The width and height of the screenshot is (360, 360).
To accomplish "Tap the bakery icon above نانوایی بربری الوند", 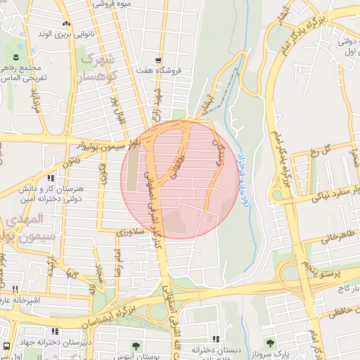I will point(65,24).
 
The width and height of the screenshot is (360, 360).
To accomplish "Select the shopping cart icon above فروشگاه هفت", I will point(160,60).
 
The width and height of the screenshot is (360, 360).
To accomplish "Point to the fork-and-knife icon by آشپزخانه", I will point(13,288).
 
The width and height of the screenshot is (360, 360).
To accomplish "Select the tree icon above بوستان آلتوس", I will point(135,345).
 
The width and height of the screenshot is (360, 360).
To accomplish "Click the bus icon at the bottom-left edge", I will point(6,346).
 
